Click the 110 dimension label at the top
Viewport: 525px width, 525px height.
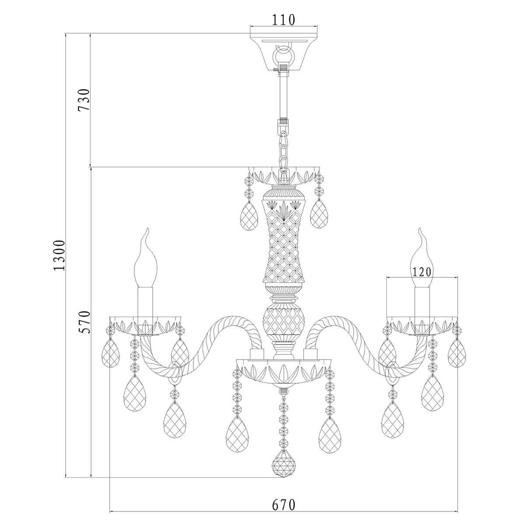pos(283,20)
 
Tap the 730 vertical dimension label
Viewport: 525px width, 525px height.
pos(84,99)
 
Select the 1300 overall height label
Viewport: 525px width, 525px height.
pos(59,255)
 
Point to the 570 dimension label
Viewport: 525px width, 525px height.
pos(84,322)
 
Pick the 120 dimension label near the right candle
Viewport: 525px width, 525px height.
pos(422,272)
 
